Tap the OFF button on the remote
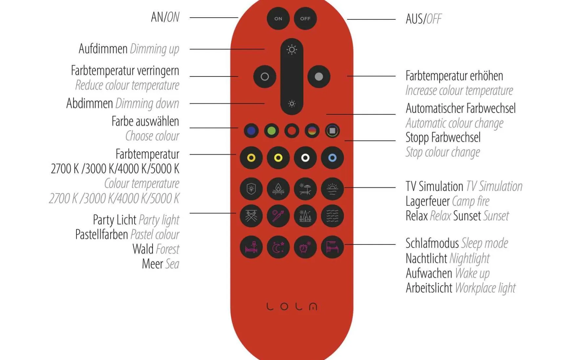[305, 19]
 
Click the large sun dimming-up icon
[292, 50]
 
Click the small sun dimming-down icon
[292, 104]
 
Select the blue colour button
[251, 131]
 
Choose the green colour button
[271, 131]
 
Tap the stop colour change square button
[332, 131]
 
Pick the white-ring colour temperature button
[305, 158]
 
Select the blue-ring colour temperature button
[332, 158]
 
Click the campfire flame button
[278, 189]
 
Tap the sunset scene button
[332, 189]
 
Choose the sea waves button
[332, 216]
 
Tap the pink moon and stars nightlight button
[278, 247]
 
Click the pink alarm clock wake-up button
[305, 247]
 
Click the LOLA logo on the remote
[292, 306]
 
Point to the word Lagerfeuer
[427, 201]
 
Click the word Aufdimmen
[103, 49]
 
